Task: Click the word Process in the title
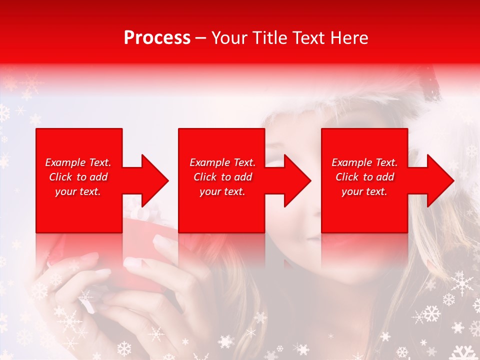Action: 157,37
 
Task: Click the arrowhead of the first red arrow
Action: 155,180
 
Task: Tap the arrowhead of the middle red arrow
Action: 298,180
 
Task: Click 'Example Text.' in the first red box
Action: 78,162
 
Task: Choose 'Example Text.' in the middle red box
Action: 222,162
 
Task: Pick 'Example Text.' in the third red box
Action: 364,162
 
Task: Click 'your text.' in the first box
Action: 78,191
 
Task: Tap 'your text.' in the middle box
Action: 222,191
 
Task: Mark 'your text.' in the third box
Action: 364,191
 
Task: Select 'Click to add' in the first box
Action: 78,177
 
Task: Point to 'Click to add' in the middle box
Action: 222,177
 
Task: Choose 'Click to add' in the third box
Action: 364,177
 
